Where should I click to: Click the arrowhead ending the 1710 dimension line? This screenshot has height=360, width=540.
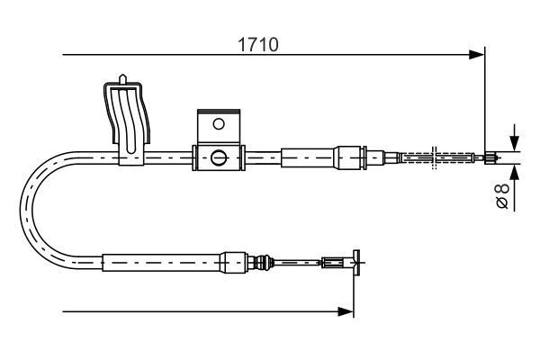point(478,56)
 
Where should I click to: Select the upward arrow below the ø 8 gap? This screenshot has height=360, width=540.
point(513,171)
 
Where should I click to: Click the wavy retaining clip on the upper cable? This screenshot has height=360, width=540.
point(126,117)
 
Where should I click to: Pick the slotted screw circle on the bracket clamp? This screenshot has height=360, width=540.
point(219,158)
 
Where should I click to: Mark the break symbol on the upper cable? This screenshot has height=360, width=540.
point(434,157)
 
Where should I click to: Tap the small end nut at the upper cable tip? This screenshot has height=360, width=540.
point(490,158)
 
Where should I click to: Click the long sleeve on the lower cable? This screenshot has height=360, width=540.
point(161,263)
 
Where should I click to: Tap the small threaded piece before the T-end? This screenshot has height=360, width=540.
point(332,263)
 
